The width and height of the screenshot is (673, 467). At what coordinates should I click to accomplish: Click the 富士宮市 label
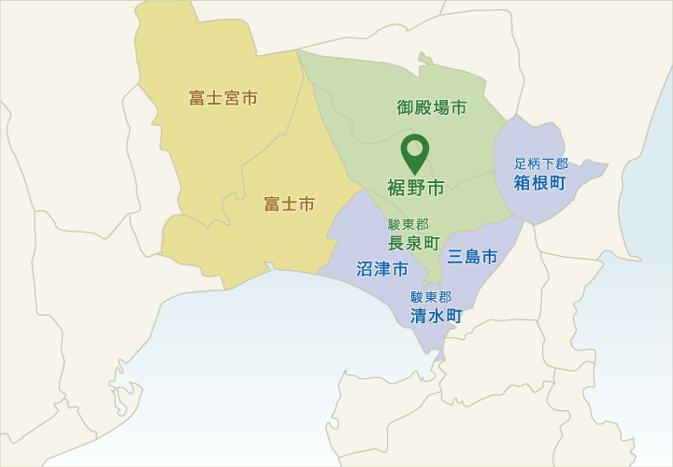tap(223, 98)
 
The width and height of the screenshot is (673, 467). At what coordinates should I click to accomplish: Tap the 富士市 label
tap(289, 204)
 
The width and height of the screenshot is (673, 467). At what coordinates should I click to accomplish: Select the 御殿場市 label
tap(432, 107)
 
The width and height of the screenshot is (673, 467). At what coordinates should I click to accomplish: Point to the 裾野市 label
tap(416, 189)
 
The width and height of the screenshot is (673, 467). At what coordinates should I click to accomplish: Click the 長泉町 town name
tap(413, 243)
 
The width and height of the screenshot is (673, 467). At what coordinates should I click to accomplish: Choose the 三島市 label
tap(472, 257)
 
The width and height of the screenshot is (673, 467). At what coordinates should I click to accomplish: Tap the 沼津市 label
tap(382, 270)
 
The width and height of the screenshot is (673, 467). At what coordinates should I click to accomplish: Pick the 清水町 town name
tap(437, 316)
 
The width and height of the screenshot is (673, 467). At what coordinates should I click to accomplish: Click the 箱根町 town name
tap(539, 182)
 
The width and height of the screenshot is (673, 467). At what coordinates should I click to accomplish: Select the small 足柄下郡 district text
tap(540, 163)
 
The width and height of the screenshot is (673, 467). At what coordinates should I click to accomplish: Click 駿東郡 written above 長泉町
tap(408, 224)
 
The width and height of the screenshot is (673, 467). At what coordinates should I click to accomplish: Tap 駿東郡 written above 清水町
tap(431, 297)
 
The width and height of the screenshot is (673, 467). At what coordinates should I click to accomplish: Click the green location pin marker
tap(415, 153)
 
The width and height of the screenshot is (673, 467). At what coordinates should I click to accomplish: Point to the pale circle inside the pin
tap(415, 148)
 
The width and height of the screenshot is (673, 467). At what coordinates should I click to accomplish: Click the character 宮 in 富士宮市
tap(232, 98)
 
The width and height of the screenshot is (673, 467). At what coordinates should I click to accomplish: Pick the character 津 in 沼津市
tap(382, 270)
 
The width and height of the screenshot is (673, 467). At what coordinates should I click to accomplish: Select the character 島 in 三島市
tap(472, 257)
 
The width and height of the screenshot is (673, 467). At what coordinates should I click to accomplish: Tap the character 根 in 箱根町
tap(539, 182)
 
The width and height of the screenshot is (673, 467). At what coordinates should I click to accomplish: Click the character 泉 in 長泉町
tap(413, 243)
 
